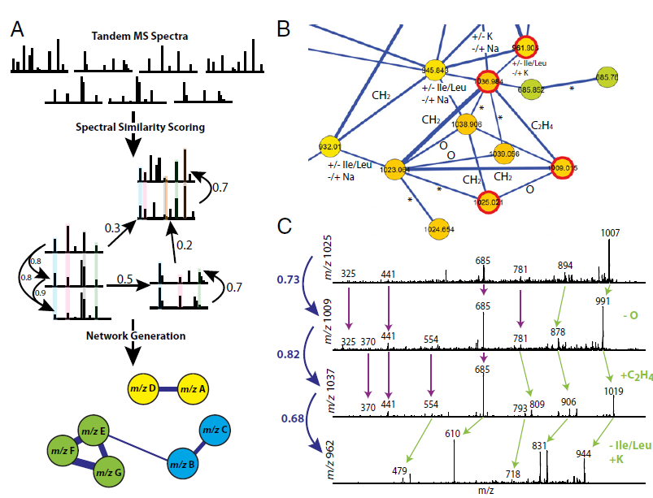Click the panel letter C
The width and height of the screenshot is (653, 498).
(x=283, y=225)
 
